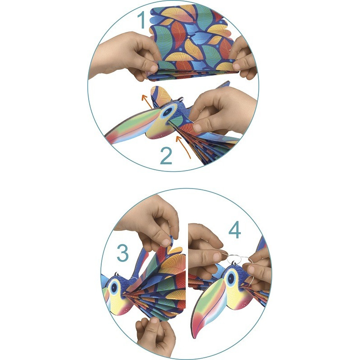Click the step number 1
[142, 20]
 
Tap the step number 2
[166, 156]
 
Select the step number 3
[123, 253]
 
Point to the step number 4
[234, 231]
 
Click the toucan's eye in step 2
[168, 112]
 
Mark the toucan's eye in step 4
[231, 278]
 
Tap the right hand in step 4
[258, 269]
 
